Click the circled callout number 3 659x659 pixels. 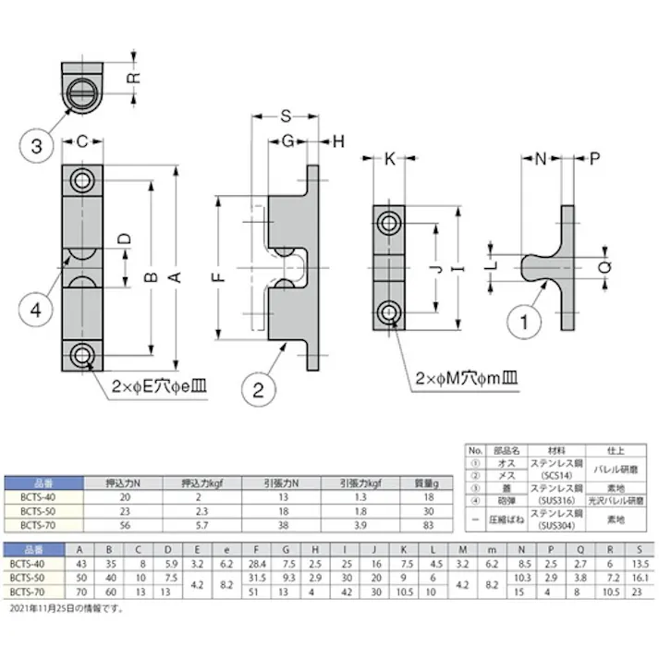point(36,145)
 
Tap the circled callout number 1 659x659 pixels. point(525,322)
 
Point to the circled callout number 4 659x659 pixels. point(36,310)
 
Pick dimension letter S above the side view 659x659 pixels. point(286,116)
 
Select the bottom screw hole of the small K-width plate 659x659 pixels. point(390,309)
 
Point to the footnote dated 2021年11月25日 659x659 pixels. point(65,609)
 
